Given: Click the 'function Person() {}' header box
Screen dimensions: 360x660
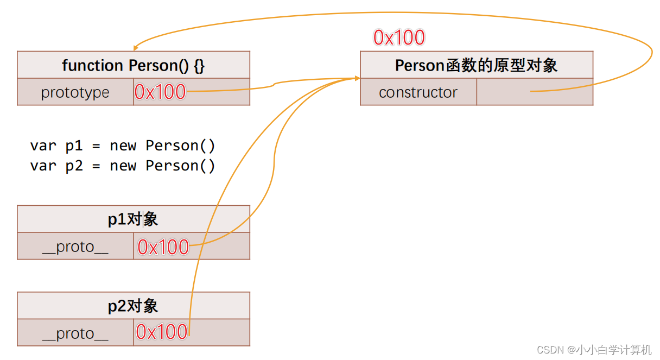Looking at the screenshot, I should [x=133, y=65].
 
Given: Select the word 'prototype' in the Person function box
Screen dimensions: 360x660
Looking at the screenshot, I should [x=75, y=92].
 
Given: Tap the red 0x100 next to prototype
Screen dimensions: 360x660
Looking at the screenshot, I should [x=160, y=92].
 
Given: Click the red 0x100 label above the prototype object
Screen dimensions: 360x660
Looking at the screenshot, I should [x=399, y=37].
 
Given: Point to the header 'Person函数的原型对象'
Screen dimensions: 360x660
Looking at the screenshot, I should [x=476, y=65].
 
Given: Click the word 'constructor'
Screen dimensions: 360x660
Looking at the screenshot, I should [x=418, y=92].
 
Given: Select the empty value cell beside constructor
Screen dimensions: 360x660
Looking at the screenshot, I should [x=534, y=92].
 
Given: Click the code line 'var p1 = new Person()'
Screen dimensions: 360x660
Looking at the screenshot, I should [x=123, y=146].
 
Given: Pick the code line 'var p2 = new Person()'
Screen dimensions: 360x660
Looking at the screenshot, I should [x=123, y=166].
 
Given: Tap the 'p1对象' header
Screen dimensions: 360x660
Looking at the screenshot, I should [x=133, y=219].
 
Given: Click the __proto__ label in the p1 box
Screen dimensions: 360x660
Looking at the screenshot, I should [x=75, y=247].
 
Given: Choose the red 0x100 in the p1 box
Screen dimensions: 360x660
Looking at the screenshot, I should [x=163, y=247].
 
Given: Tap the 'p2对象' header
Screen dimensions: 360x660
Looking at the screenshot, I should [x=133, y=306].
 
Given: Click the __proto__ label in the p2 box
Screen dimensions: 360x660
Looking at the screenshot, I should [x=75, y=333].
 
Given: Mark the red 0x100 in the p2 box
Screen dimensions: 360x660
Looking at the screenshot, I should [x=162, y=331].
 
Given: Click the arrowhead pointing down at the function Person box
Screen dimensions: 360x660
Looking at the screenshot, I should [x=136, y=47].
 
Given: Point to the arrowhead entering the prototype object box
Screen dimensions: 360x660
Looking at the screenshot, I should [x=357, y=79].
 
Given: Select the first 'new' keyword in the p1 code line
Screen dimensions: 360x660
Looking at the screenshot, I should [x=123, y=146].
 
